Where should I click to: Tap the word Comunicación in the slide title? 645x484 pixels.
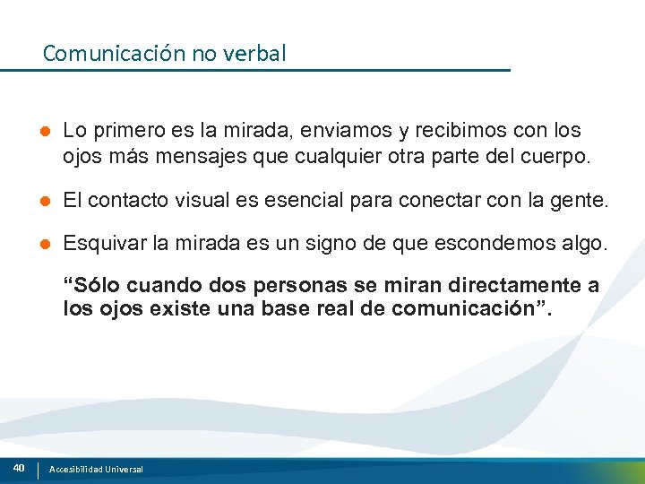tap(114, 54)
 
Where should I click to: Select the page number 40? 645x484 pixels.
tap(19, 468)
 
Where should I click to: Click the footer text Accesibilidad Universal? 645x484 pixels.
tap(96, 469)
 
